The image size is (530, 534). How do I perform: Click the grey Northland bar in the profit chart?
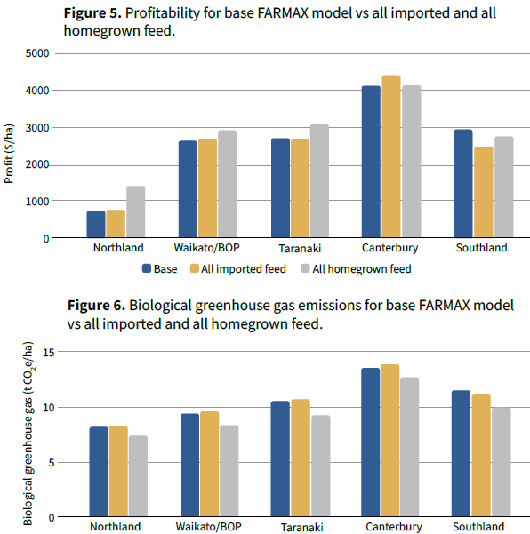click(136, 211)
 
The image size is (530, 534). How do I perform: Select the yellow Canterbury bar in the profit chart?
click(391, 156)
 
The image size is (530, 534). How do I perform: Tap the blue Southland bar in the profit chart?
click(462, 183)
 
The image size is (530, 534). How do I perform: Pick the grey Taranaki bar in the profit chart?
click(319, 181)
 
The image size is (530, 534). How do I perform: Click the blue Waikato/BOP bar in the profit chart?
click(188, 189)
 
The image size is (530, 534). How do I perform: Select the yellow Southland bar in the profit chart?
click(483, 192)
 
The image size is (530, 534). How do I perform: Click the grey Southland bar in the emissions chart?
click(502, 462)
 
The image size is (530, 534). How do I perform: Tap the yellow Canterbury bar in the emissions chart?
click(389, 441)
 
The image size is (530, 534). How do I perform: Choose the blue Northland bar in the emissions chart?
click(99, 471)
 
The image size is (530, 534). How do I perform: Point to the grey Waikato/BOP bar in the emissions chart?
click(229, 471)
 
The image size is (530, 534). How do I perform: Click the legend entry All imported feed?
click(238, 268)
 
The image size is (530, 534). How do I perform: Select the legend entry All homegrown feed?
click(356, 268)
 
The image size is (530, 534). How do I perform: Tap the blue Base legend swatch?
click(147, 268)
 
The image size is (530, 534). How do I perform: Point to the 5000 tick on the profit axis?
click(37, 53)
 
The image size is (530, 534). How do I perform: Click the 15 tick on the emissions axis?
click(48, 352)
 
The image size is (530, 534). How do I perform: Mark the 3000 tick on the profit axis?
click(37, 128)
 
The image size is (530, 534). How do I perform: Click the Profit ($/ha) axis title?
click(9, 154)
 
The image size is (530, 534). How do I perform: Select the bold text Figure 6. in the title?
click(96, 305)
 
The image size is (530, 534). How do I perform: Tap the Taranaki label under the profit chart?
click(300, 248)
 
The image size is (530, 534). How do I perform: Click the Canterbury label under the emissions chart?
click(394, 527)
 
